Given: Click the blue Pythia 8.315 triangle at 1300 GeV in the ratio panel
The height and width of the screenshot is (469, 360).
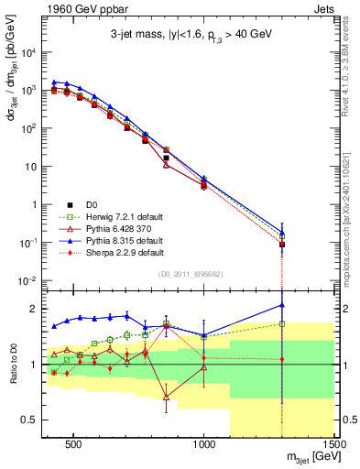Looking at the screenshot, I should (282, 305).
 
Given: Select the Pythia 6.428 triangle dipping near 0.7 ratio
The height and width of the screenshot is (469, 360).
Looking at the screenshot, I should (166, 398).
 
